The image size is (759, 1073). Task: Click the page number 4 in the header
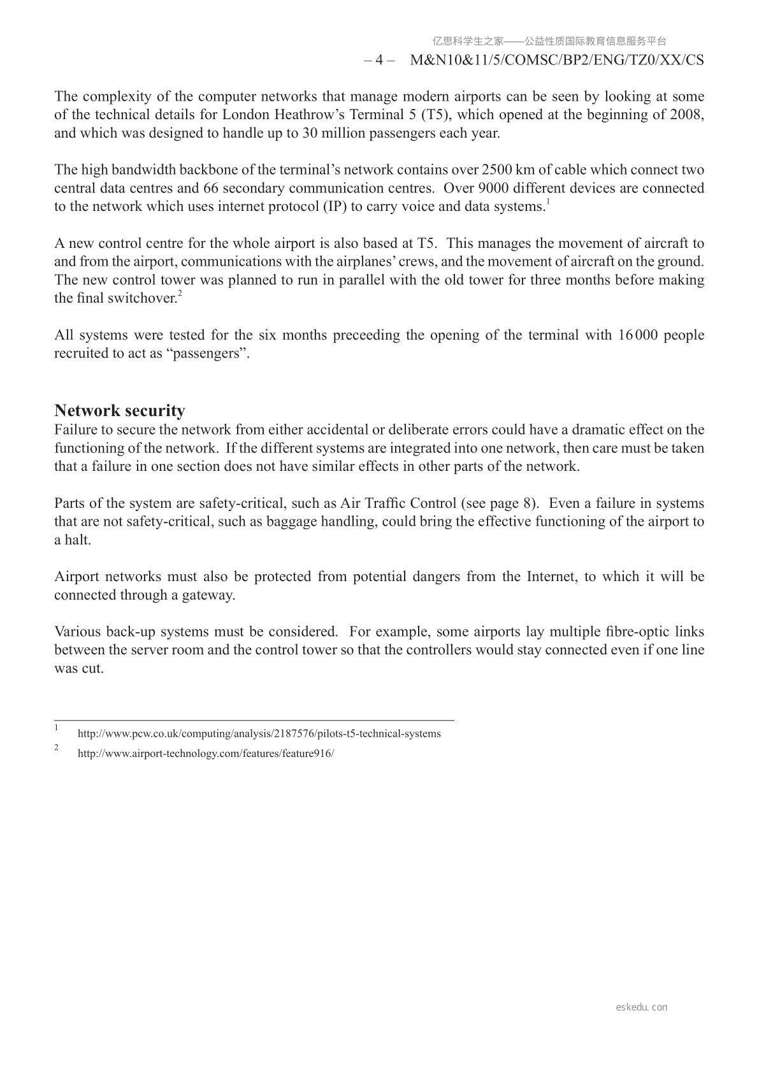coord(379,61)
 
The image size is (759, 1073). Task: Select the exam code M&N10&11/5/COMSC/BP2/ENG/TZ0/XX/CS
coord(558,61)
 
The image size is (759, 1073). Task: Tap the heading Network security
coord(120,410)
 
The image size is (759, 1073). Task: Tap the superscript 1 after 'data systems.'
coord(547,202)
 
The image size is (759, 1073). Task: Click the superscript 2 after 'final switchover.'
coord(180,294)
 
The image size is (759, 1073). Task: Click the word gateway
coord(208,596)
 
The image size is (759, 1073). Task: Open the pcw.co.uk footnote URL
coord(259,734)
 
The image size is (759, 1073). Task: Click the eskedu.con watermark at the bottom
coord(642,1007)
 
